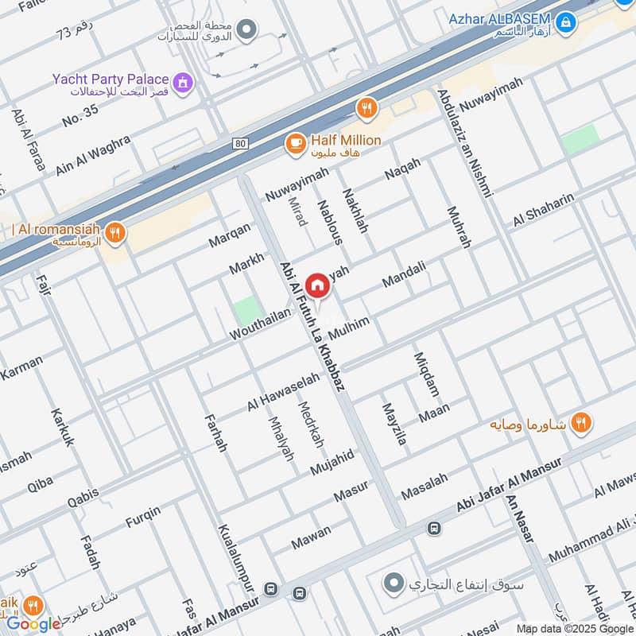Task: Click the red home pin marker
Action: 316,285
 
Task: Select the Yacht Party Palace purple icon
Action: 184,81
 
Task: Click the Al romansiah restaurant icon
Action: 115,232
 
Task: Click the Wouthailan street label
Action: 260,325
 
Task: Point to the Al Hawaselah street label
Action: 282,392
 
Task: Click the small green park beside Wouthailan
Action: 247,310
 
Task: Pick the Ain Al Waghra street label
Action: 93,156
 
